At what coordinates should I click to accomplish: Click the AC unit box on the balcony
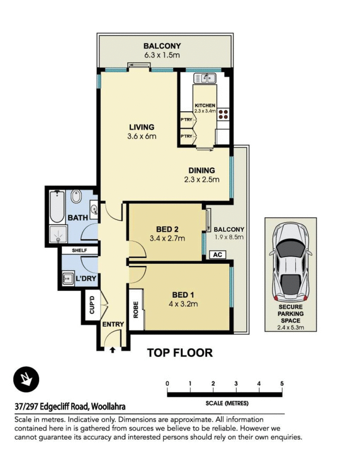tap(217, 254)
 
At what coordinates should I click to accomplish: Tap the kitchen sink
tap(205, 78)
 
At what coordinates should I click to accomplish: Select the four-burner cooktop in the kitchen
tap(223, 114)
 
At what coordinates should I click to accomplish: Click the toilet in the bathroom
tap(76, 196)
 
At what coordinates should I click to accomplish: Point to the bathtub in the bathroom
tap(57, 207)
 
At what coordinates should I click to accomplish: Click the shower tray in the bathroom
tap(58, 234)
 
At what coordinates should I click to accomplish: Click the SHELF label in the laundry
tap(79, 250)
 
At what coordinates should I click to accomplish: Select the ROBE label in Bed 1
tap(136, 310)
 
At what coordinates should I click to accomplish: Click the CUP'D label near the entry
tap(92, 305)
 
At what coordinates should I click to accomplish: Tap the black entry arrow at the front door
tap(112, 350)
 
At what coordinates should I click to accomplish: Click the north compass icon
tap(26, 379)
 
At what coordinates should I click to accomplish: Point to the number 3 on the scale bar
tap(236, 384)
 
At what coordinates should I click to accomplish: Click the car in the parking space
tap(291, 262)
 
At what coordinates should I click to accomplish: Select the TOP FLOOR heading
tap(180, 353)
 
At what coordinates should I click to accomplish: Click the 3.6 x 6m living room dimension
tap(142, 136)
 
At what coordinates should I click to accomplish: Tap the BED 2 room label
tap(167, 229)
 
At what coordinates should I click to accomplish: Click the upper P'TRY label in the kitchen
tap(186, 120)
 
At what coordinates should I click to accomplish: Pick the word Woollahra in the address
tap(108, 406)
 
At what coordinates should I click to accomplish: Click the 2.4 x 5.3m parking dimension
tap(291, 328)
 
